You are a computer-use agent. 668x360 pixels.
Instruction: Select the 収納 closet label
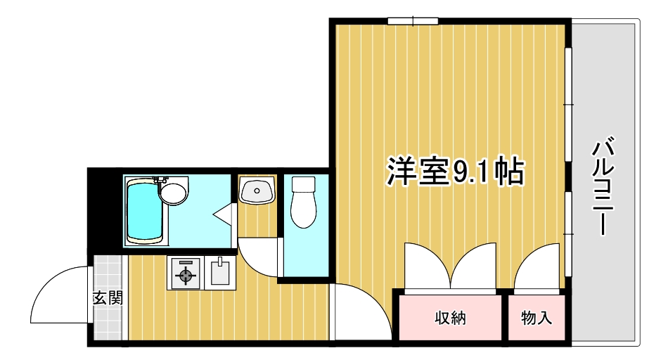449,318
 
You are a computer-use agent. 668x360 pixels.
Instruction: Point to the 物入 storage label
537,318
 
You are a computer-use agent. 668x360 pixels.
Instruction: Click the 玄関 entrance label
108,298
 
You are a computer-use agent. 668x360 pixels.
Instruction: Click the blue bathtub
145,212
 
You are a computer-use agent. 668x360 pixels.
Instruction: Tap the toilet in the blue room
304,208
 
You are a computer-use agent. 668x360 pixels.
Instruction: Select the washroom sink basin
257,191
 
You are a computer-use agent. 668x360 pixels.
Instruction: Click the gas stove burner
185,274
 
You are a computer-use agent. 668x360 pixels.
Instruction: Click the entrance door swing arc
59,295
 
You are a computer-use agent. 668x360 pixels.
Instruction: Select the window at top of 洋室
413,21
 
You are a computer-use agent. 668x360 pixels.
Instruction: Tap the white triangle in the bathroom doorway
224,212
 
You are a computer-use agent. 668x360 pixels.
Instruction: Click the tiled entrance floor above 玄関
108,271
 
